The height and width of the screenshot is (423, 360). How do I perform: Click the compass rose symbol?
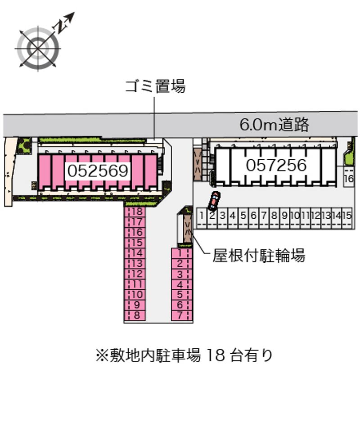pyautogui.click(x=38, y=48)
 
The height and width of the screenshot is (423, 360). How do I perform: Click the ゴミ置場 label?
pyautogui.click(x=155, y=86)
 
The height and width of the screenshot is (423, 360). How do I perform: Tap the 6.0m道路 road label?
pyautogui.click(x=274, y=125)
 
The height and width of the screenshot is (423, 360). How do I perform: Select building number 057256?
pyautogui.click(x=276, y=165)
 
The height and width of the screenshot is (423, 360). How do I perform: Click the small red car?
pyautogui.click(x=214, y=201)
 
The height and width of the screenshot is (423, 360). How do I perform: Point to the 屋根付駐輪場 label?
pyautogui.click(x=259, y=256)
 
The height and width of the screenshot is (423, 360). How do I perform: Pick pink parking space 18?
pyautogui.click(x=137, y=211)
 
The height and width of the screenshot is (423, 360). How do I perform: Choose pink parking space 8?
pyautogui.click(x=137, y=315)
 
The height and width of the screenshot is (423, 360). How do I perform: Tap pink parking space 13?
pyautogui.click(x=137, y=263)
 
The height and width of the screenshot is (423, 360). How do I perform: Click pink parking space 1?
pyautogui.click(x=180, y=253)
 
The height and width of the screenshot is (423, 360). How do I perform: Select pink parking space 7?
pyautogui.click(x=180, y=315)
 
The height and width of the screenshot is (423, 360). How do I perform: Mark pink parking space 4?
pyautogui.click(x=180, y=284)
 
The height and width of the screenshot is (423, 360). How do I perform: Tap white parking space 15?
pyautogui.click(x=346, y=216)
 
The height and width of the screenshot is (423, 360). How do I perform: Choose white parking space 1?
pyautogui.click(x=202, y=216)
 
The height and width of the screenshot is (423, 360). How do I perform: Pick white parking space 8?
pyautogui.click(x=274, y=216)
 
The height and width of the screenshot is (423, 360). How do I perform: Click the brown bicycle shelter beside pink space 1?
pyautogui.click(x=186, y=229)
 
